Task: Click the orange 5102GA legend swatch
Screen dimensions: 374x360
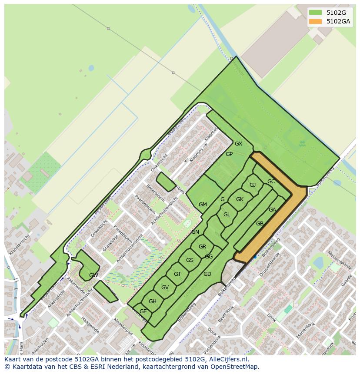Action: [315, 21]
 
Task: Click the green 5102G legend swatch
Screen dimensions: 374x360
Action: [315, 12]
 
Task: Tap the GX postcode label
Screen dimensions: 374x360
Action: [238, 144]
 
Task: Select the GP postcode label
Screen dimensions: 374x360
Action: [229, 154]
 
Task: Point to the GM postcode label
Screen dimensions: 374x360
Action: [203, 205]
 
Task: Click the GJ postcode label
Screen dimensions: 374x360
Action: [253, 185]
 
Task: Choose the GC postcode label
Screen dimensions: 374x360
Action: [271, 182]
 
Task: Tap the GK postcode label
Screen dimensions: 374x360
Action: [240, 199]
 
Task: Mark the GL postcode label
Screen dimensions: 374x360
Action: [227, 215]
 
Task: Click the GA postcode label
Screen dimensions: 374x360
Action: [272, 210]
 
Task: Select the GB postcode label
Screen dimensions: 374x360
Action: [260, 224]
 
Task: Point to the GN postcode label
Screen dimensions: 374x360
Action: [195, 232]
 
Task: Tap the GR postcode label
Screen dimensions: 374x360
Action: [202, 247]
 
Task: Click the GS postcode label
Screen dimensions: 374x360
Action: [190, 260]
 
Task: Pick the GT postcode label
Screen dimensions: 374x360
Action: [177, 274]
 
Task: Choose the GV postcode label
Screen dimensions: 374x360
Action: [165, 288]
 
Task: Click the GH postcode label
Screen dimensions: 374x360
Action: [152, 301]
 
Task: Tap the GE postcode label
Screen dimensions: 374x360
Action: [143, 311]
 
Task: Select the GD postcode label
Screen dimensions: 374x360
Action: [207, 274]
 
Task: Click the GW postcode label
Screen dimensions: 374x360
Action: [93, 275]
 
